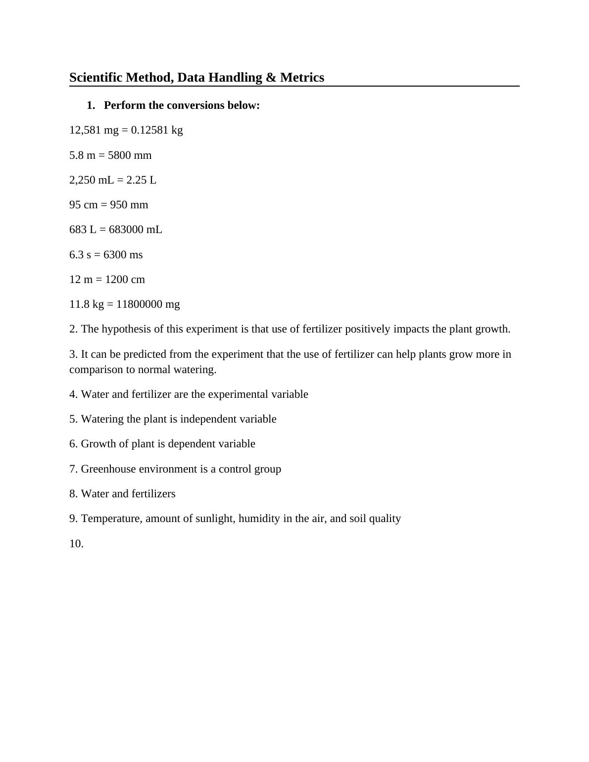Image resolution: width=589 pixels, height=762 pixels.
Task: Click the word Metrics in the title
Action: point(302,78)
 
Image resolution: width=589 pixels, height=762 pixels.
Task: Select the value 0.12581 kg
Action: point(157,130)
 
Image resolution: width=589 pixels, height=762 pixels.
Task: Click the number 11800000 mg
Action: point(148,304)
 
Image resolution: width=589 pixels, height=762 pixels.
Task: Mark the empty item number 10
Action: point(76,544)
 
